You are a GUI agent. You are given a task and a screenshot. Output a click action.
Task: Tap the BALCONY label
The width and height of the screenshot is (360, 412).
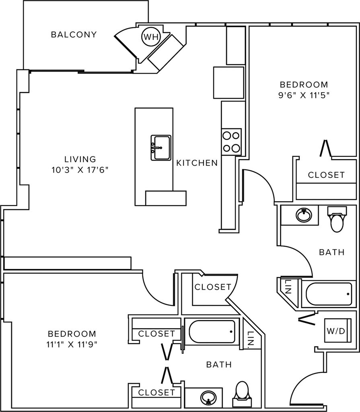tap(74, 35)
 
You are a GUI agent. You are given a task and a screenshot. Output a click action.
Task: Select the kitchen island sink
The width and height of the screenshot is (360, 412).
tap(161, 148)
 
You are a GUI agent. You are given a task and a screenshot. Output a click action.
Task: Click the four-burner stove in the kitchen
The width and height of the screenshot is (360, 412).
tap(231, 142)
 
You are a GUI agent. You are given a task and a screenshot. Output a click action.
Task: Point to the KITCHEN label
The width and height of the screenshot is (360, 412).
tap(197, 163)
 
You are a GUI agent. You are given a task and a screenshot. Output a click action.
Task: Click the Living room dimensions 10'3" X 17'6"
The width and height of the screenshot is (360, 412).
tap(80, 170)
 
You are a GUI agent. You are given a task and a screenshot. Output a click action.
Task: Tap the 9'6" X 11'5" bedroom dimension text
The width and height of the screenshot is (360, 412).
tap(304, 95)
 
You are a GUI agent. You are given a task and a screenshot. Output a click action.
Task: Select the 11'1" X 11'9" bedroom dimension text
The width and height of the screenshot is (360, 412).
tap(72, 344)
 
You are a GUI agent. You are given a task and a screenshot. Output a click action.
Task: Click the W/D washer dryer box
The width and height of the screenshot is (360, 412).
tap(337, 330)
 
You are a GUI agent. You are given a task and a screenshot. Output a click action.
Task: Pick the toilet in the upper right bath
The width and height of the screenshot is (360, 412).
tap(337, 219)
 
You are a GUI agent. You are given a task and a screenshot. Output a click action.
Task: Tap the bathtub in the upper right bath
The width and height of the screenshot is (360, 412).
tap(329, 294)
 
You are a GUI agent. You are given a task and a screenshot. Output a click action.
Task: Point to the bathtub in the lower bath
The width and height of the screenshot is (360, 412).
tap(212, 332)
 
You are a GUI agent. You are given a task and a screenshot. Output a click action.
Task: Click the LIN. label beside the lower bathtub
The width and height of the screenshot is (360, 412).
tap(251, 338)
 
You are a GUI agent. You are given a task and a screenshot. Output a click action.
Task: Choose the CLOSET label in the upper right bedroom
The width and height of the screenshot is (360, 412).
tap(326, 175)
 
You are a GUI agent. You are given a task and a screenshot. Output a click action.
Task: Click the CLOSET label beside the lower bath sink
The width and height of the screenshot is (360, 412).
tap(156, 392)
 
